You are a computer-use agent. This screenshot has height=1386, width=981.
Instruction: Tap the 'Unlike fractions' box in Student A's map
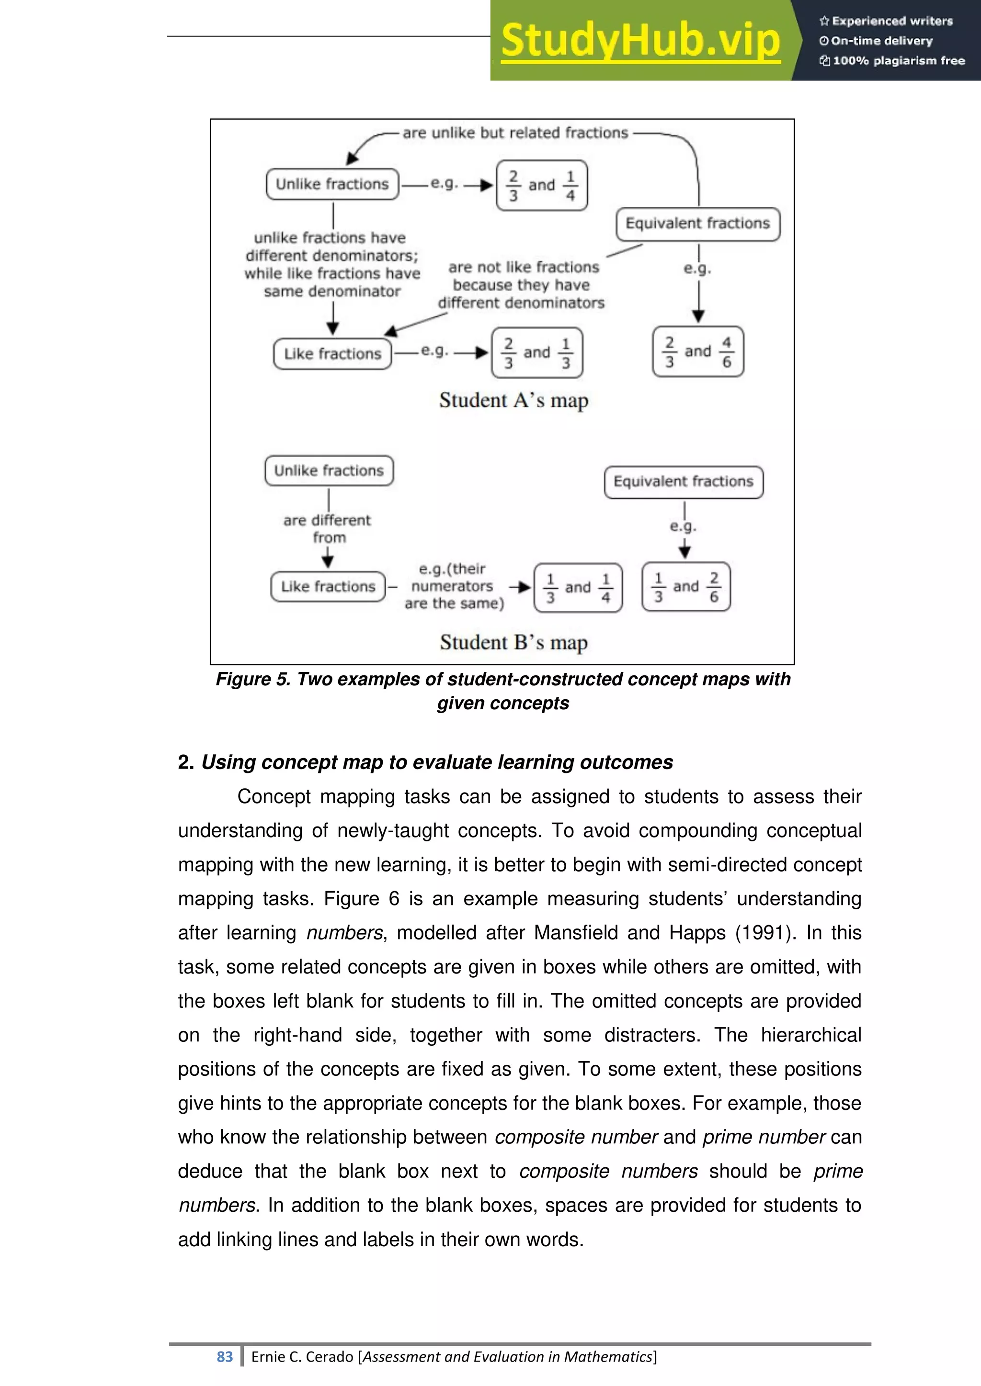pos(332,184)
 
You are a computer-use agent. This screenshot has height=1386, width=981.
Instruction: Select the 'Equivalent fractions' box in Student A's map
pos(698,224)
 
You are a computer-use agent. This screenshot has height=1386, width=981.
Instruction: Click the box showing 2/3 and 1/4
pos(542,185)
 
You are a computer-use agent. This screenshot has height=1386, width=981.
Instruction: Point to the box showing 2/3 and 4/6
pos(698,352)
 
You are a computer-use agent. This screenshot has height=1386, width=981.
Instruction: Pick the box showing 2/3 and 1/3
pos(537,353)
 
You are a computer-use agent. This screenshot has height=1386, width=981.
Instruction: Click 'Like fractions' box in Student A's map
pos(332,354)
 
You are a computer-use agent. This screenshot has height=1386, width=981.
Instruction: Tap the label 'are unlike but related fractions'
pos(515,133)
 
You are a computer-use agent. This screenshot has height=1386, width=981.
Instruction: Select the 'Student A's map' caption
pos(513,400)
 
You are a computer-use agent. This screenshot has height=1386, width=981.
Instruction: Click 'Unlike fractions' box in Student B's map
pos(329,471)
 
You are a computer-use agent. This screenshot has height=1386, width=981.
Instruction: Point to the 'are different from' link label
pos(328,529)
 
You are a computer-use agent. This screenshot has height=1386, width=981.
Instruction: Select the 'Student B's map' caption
pos(513,642)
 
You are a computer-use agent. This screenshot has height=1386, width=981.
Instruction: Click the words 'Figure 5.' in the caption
pos(253,679)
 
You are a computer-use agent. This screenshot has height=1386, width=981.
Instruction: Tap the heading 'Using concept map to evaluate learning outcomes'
pos(437,762)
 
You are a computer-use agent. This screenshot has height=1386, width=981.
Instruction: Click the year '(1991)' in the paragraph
pos(764,933)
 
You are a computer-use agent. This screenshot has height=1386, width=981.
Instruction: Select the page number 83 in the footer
pos(225,1357)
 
